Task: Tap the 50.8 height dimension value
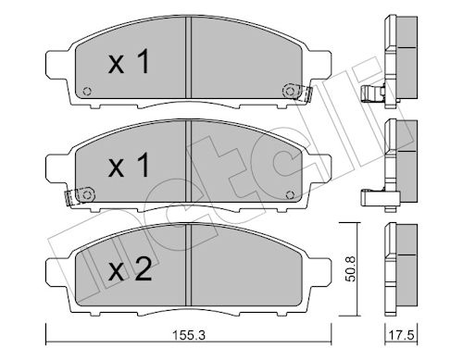point(351,268)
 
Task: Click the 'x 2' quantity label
point(130,270)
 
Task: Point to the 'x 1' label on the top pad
point(129,62)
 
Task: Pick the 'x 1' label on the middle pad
point(129,166)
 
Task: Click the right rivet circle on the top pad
point(290,91)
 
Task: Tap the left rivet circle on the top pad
point(87,92)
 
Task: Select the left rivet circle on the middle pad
point(87,194)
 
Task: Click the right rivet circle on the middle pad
point(290,194)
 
